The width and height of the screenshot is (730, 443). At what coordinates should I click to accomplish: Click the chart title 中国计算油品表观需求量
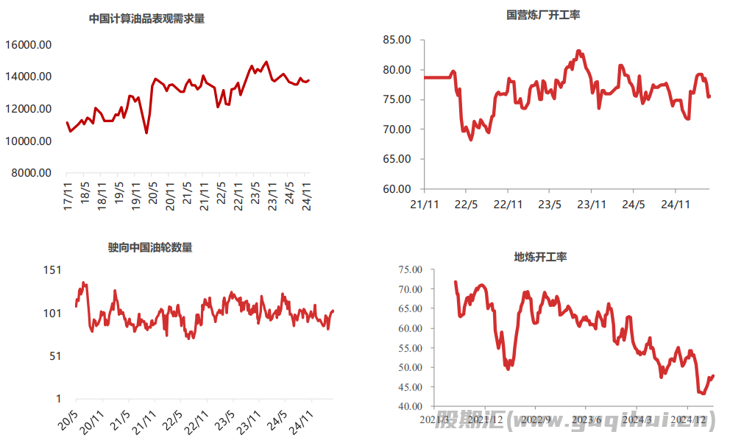pyautogui.click(x=146, y=18)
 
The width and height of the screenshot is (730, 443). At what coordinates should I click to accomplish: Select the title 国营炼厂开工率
pyautogui.click(x=543, y=14)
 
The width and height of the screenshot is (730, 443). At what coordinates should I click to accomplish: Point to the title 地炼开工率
pyautogui.click(x=540, y=257)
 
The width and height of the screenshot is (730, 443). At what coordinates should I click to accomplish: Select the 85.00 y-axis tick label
pyautogui.click(x=397, y=40)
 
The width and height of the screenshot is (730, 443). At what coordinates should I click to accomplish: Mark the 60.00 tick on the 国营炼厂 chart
pyautogui.click(x=397, y=188)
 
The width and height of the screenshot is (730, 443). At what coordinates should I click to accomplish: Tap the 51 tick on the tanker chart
pyautogui.click(x=54, y=356)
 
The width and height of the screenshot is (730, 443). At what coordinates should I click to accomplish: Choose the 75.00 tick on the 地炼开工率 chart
pyautogui.click(x=408, y=270)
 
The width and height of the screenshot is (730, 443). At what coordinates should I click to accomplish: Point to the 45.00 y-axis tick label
pyautogui.click(x=408, y=387)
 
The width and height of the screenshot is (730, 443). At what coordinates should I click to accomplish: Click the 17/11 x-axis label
pyautogui.click(x=69, y=199)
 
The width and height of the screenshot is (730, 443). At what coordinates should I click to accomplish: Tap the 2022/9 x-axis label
pyautogui.click(x=536, y=420)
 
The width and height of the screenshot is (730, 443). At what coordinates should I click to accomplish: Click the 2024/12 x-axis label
pyautogui.click(x=689, y=420)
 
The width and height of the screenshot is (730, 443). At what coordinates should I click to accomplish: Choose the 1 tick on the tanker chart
pyautogui.click(x=58, y=399)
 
